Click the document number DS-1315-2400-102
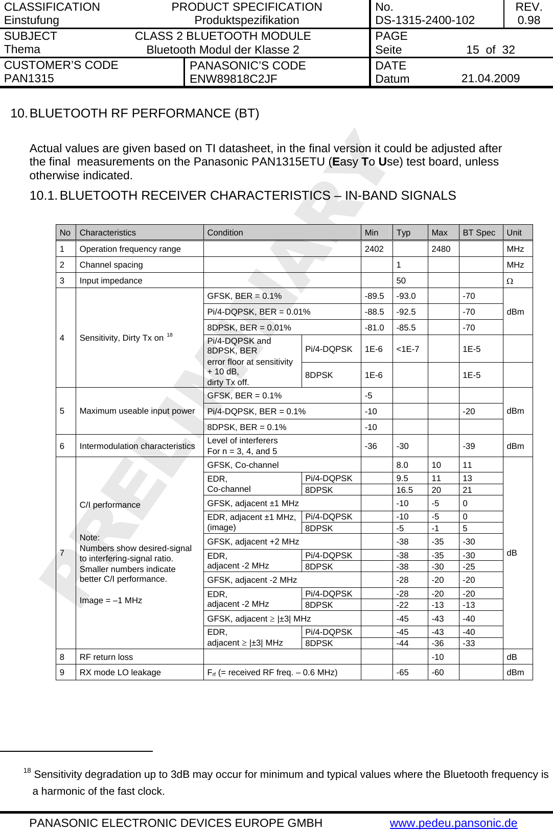(425, 20)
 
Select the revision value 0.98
(528, 20)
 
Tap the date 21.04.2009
(490, 79)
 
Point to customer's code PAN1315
(29, 79)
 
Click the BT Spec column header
(479, 233)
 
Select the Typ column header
(403, 233)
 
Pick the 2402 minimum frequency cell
(374, 249)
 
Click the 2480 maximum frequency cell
(441, 249)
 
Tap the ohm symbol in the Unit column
(510, 281)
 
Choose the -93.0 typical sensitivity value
(406, 296)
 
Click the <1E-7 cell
(407, 349)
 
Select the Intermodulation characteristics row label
(137, 446)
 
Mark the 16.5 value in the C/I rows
(404, 490)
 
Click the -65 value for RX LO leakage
(403, 673)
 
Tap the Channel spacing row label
(111, 265)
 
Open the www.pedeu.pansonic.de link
(453, 823)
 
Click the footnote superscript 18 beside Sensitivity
(170, 335)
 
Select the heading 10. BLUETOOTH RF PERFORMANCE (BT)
(135, 113)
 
